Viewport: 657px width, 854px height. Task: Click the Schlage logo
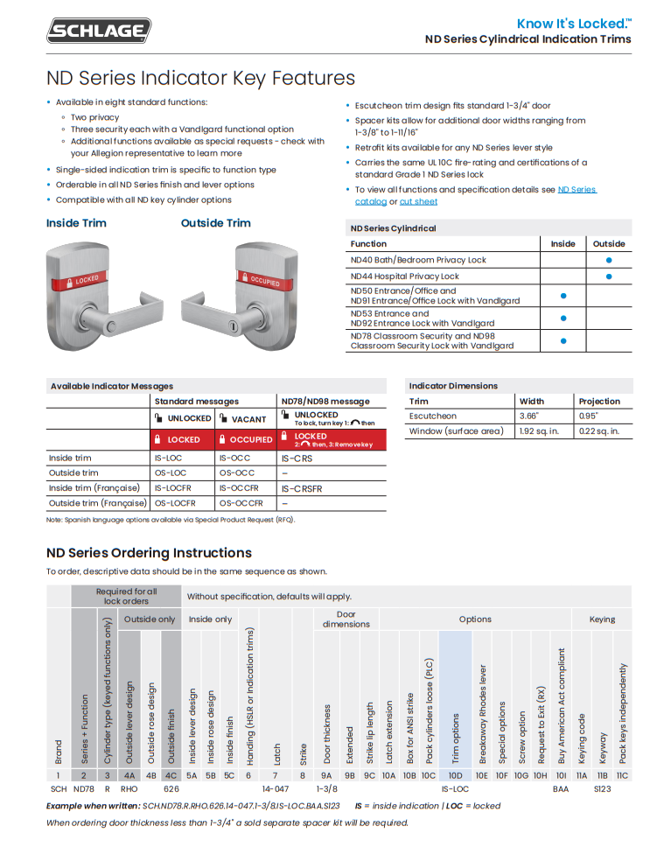[99, 31]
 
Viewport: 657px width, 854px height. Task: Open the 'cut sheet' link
[418, 202]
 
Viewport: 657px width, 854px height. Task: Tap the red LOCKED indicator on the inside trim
[84, 281]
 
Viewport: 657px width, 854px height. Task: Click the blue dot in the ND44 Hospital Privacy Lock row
[609, 276]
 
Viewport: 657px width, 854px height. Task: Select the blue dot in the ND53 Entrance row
[563, 318]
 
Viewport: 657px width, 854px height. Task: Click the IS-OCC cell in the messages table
[234, 458]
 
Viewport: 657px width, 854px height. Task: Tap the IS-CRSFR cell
[302, 489]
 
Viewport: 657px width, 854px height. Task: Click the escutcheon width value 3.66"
[529, 416]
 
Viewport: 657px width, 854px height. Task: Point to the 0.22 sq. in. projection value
[599, 431]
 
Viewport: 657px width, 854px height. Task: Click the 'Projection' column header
[599, 402]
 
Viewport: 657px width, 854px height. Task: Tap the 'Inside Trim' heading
[76, 223]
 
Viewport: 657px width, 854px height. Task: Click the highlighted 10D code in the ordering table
[455, 774]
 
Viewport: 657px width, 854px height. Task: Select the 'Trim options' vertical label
[455, 735]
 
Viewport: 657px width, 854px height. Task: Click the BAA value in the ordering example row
[561, 788]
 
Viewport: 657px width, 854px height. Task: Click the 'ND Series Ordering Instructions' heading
[149, 553]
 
